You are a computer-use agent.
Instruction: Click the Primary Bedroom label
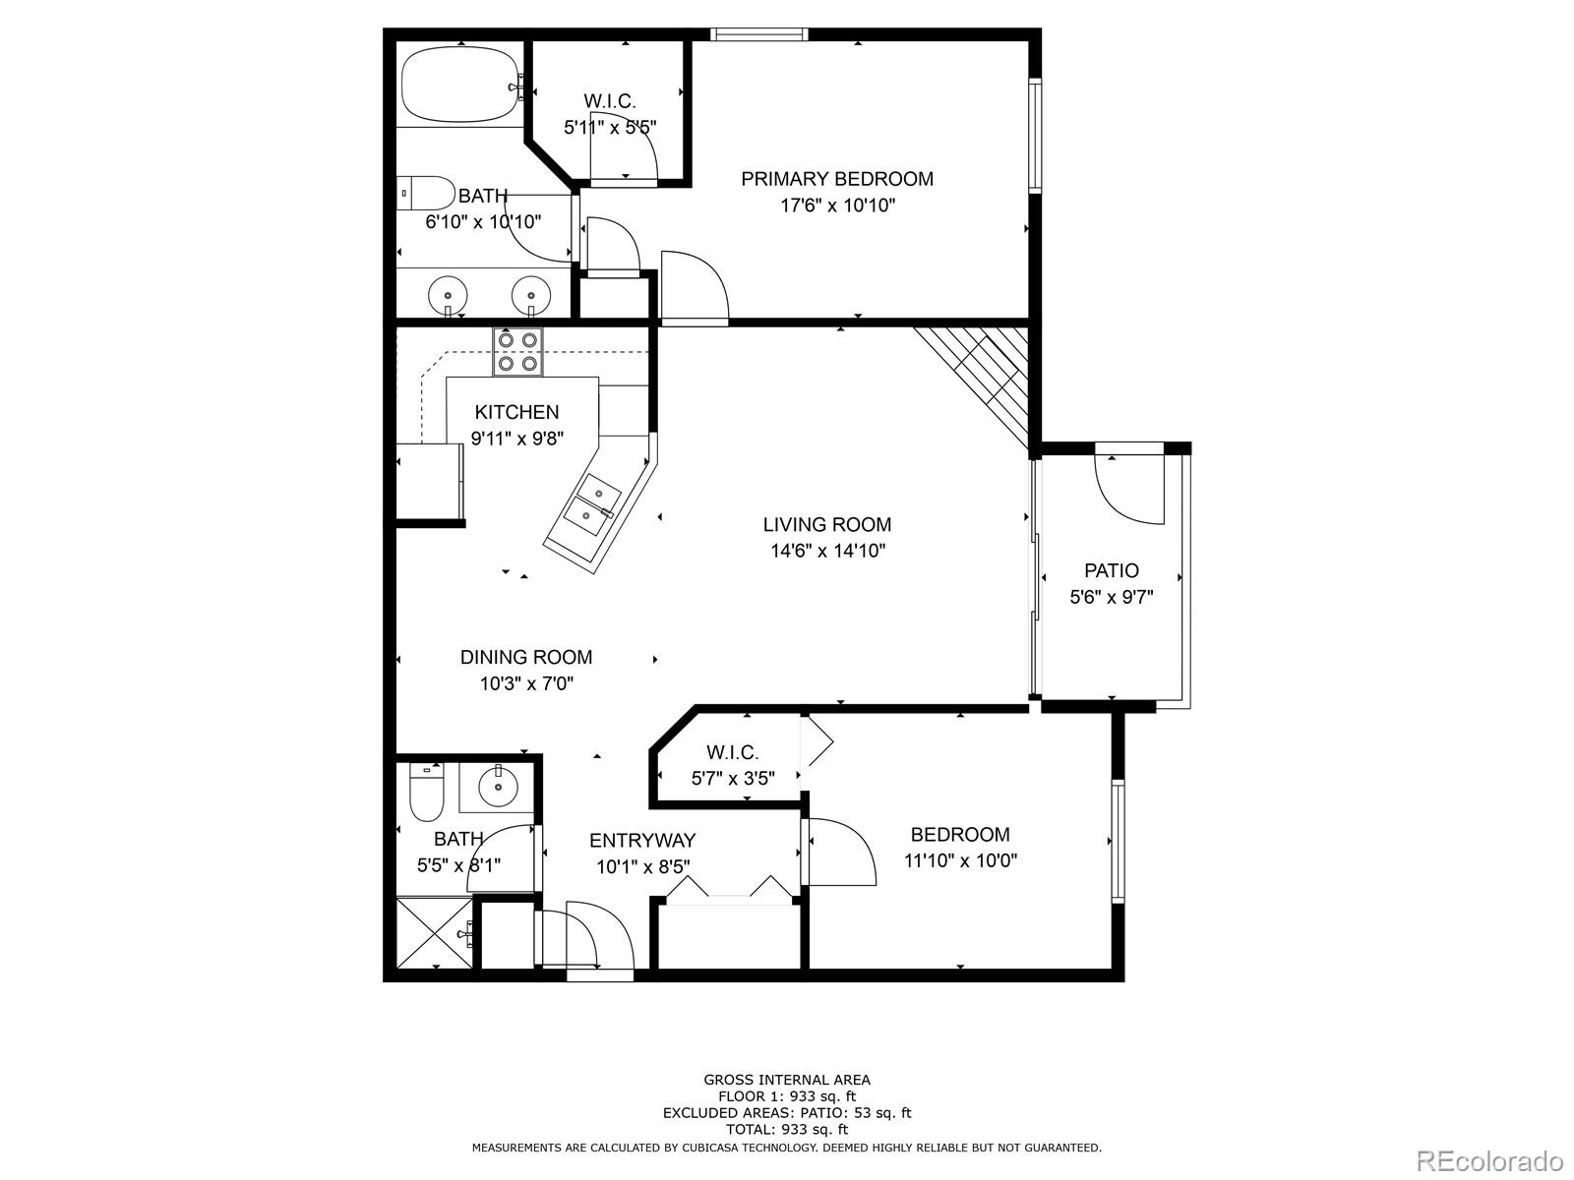click(x=836, y=179)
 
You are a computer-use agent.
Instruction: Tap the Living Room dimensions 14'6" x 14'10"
click(x=827, y=552)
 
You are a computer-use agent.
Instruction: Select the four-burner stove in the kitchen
click(x=518, y=352)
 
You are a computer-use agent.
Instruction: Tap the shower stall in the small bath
click(x=434, y=933)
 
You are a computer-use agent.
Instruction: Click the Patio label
click(x=1112, y=570)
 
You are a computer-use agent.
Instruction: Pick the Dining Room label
click(x=526, y=657)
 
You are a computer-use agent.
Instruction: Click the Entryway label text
click(x=642, y=841)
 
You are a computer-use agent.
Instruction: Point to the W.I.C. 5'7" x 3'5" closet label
click(x=733, y=766)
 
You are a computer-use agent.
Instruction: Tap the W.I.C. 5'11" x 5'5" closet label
click(x=610, y=113)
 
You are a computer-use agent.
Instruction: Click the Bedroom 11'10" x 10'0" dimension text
click(x=960, y=861)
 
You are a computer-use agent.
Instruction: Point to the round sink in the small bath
click(x=499, y=787)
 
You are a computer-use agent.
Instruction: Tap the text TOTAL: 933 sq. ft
click(x=786, y=1130)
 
